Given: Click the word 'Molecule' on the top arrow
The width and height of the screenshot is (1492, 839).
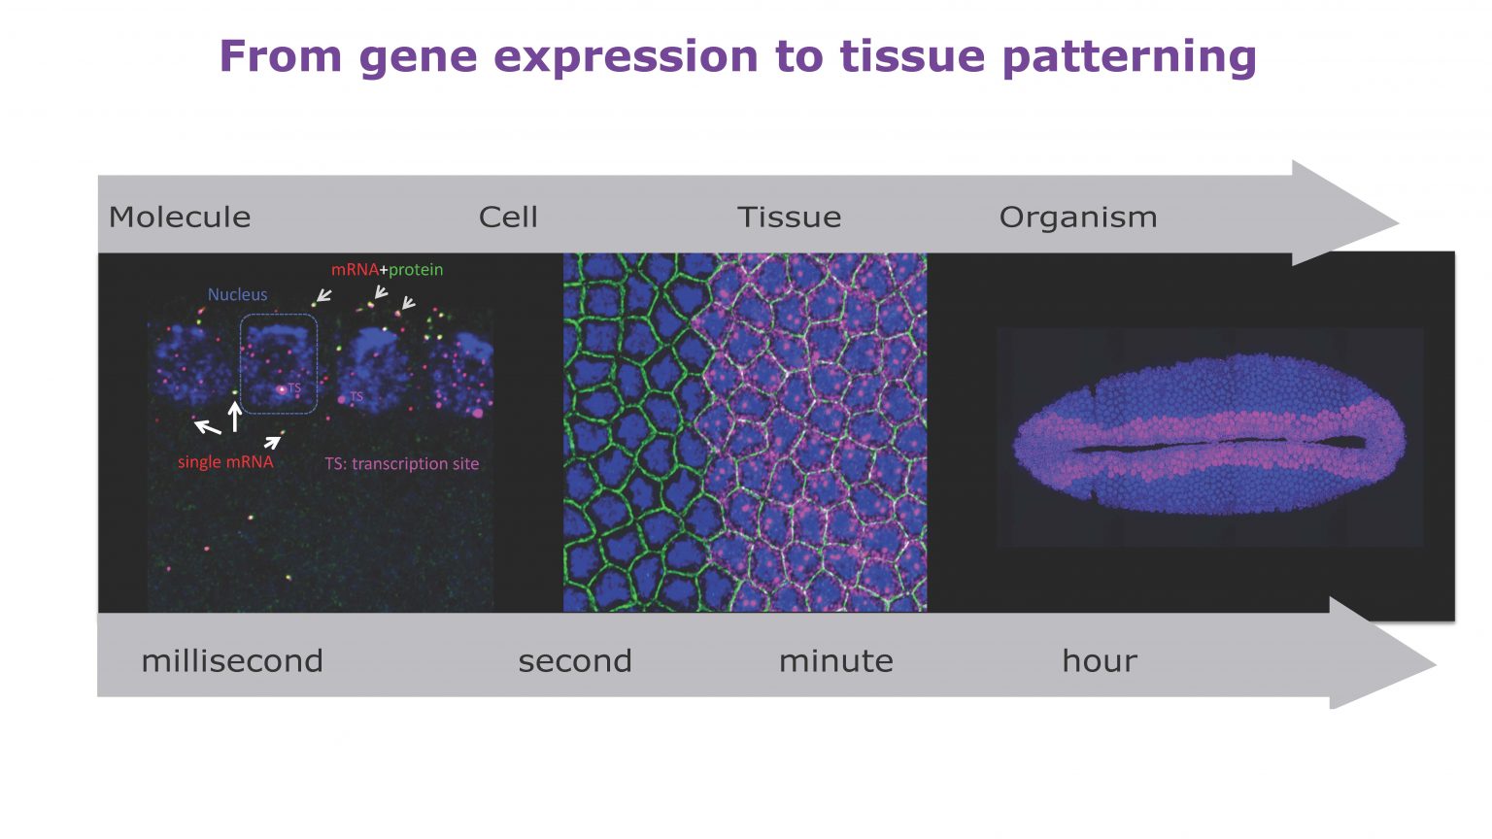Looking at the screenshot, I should [x=180, y=217].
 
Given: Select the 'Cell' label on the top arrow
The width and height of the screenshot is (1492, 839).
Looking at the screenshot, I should [x=508, y=217].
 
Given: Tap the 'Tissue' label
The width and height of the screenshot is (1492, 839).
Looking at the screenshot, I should [x=789, y=217].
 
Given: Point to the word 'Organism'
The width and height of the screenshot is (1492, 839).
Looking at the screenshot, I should [x=1078, y=217].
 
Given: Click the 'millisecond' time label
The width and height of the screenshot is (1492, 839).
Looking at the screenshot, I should [x=232, y=661].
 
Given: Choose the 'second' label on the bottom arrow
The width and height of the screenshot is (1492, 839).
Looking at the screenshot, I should [x=575, y=661].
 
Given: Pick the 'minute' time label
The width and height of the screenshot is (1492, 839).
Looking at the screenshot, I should [x=835, y=661].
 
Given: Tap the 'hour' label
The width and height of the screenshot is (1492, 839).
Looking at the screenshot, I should [x=1099, y=661].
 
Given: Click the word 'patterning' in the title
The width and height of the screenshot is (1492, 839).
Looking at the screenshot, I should [x=1129, y=56].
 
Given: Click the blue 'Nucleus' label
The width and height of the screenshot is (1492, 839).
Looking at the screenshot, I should [x=237, y=294].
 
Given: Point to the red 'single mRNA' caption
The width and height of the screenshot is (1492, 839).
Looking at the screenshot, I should [x=225, y=462].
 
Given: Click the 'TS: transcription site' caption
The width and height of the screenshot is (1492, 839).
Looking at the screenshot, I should [x=401, y=464].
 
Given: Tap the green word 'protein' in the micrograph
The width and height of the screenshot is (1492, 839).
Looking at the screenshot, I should [x=416, y=270].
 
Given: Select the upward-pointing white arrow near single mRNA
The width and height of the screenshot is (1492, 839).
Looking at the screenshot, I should [x=234, y=416].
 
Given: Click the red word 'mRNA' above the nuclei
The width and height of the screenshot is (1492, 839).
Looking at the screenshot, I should [x=355, y=270].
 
